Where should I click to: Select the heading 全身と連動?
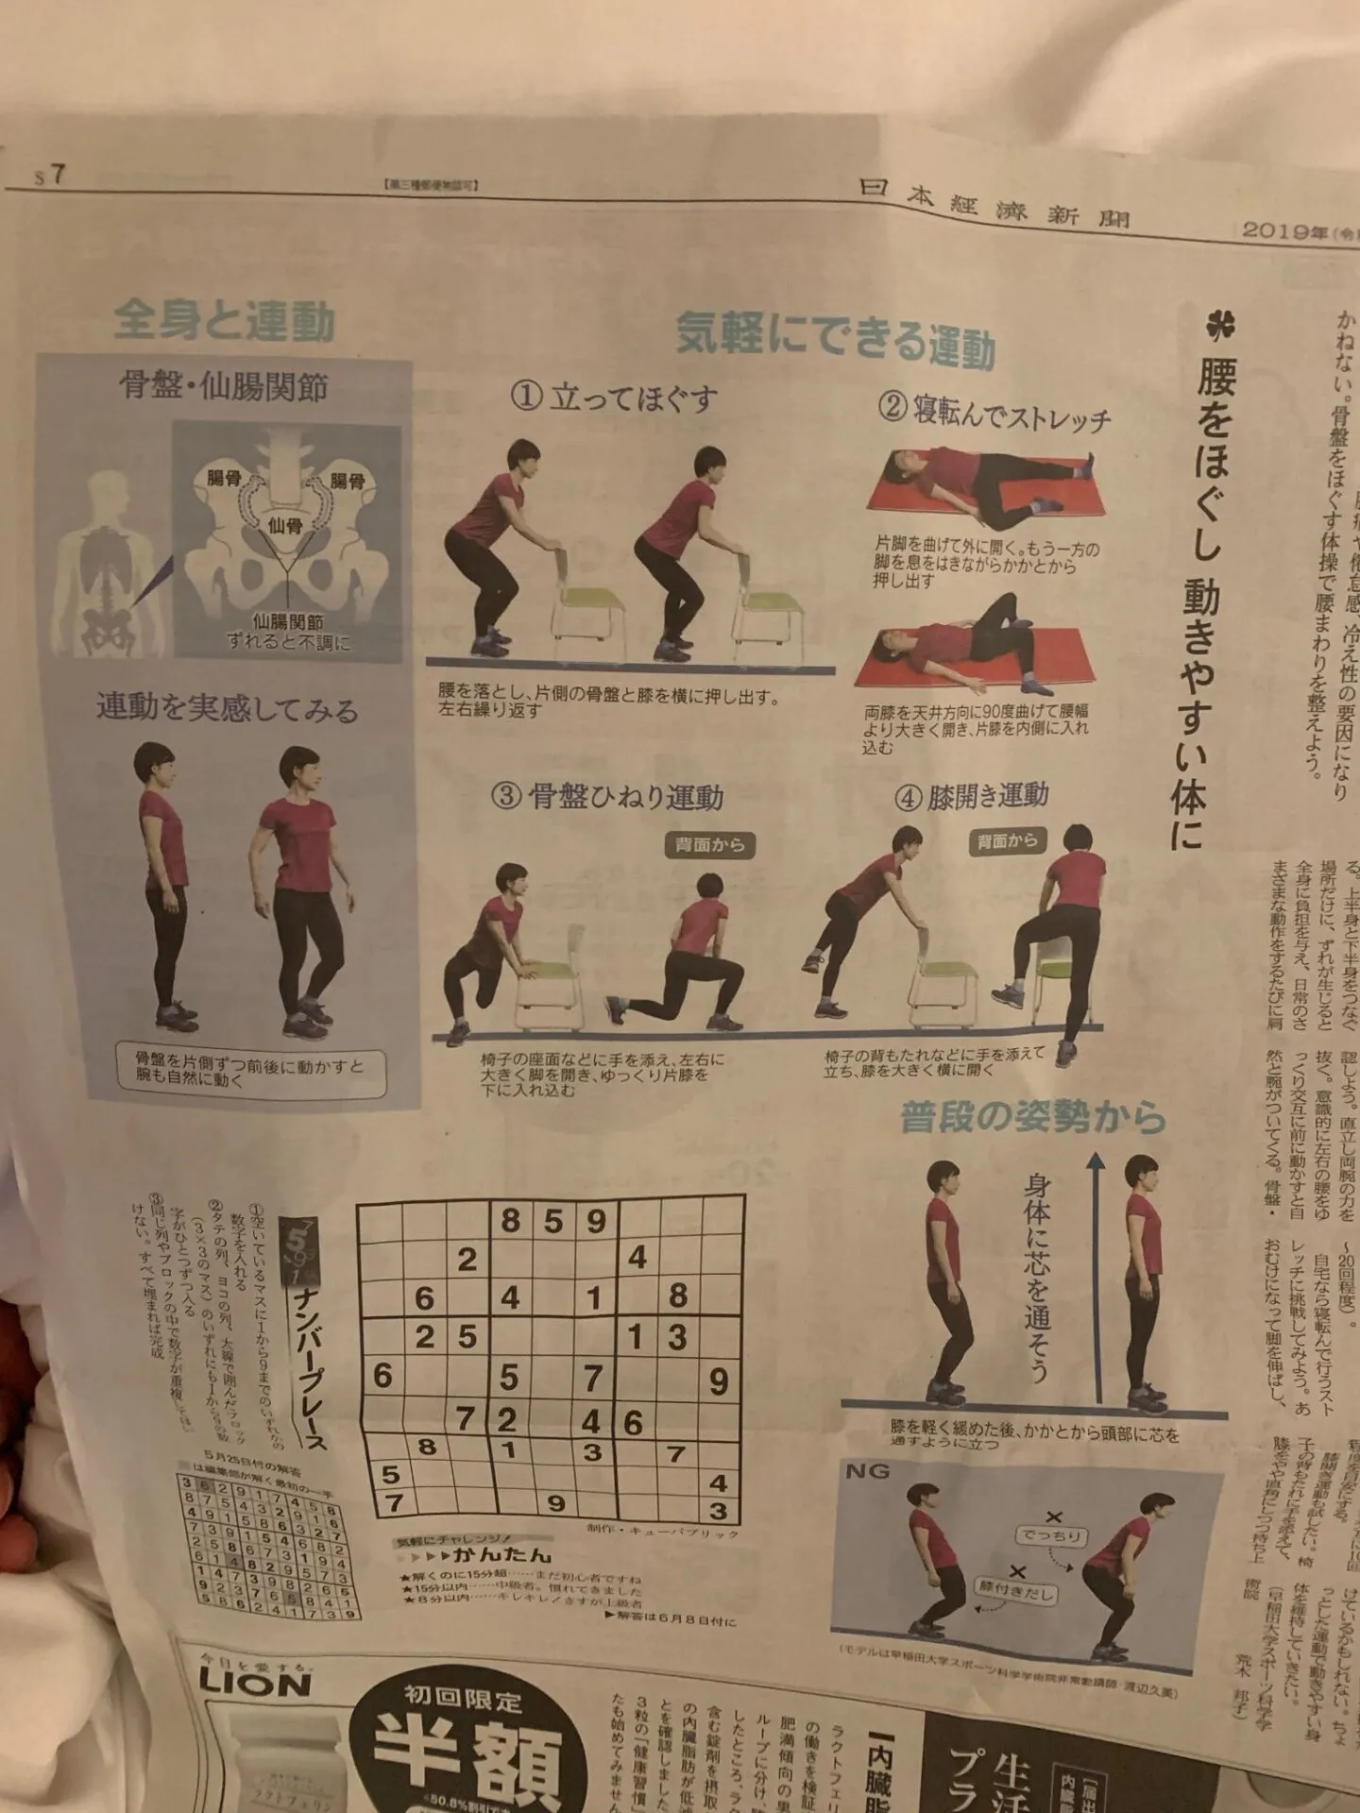click(x=224, y=321)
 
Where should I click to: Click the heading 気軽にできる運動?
click(x=835, y=338)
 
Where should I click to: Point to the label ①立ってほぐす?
click(x=614, y=398)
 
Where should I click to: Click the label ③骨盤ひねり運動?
click(x=608, y=796)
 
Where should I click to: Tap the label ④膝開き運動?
click(x=971, y=796)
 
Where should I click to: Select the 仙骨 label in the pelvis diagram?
click(x=284, y=525)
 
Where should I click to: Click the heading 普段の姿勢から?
click(x=1033, y=1118)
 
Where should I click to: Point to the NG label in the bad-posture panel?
click(x=867, y=1471)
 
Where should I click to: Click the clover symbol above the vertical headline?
click(x=1219, y=326)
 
